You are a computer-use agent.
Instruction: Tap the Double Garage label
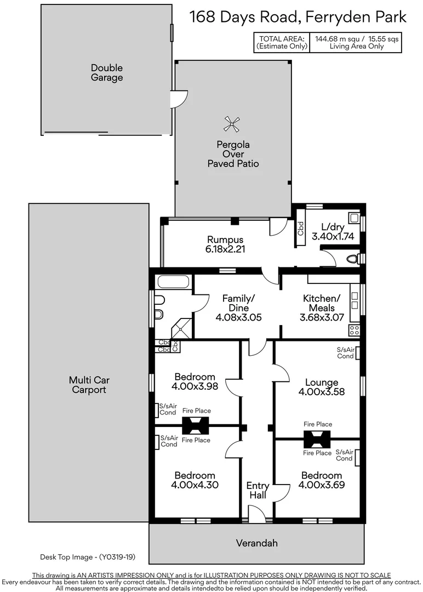tap(107, 73)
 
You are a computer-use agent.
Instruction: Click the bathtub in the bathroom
tap(173, 283)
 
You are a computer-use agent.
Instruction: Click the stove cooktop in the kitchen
tap(355, 330)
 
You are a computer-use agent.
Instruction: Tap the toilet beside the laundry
tap(354, 258)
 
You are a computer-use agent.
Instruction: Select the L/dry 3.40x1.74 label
tap(333, 232)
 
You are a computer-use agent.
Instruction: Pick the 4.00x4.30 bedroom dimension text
tap(195, 485)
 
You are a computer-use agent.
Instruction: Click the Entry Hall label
tap(258, 490)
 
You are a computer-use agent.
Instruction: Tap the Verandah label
tap(256, 543)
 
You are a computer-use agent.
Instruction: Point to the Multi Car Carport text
tap(88, 385)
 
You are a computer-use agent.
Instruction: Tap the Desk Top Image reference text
tap(87, 557)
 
